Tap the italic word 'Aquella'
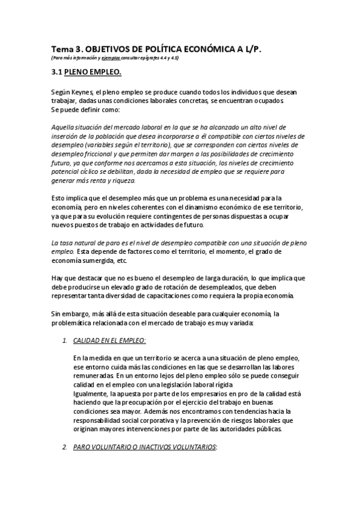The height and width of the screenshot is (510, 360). point(63,127)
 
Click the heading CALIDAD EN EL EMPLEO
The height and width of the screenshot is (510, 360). point(109,340)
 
